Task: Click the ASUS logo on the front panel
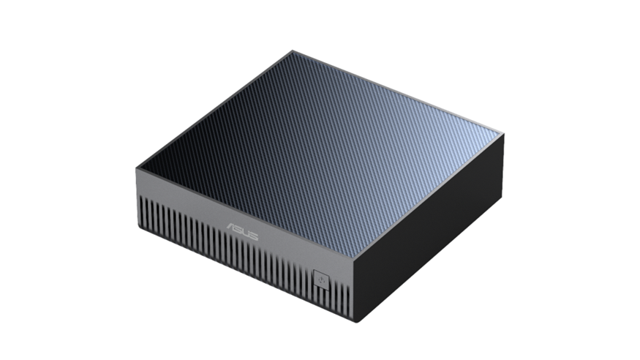click(242, 230)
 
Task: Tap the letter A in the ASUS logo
click(231, 227)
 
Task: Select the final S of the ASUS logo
click(254, 236)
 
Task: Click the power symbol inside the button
click(322, 280)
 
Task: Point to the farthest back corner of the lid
click(293, 51)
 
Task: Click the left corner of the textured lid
click(136, 168)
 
